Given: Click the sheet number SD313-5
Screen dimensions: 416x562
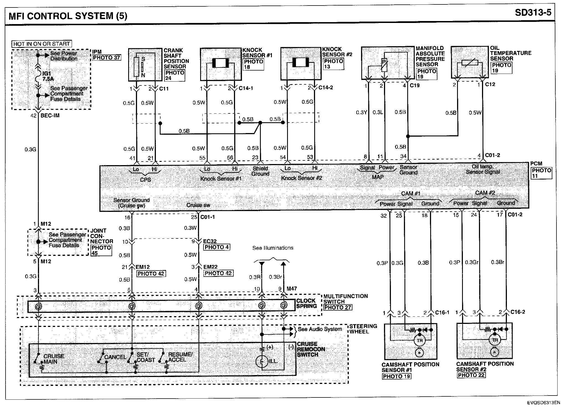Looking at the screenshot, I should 533,13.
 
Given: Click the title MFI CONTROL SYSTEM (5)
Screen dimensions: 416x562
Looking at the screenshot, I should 68,16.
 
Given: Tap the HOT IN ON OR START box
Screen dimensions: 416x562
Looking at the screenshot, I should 42,44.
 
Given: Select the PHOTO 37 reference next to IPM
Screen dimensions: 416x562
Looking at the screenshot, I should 107,58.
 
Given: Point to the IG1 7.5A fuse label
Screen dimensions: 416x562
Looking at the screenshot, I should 48,76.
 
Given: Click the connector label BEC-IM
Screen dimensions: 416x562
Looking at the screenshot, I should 50,116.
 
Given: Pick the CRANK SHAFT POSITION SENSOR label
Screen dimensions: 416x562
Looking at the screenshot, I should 176,58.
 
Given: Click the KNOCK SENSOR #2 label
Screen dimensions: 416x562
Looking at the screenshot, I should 337,52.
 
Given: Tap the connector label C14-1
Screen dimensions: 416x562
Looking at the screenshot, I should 246,88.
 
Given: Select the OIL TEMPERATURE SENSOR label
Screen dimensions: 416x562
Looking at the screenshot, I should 510,53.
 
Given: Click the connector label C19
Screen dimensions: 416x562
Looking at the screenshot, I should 415,85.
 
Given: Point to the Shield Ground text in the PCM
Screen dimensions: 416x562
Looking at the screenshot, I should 260,171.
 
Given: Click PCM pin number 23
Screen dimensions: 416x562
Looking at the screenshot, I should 255,158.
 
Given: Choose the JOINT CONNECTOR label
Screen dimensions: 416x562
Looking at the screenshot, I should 102,236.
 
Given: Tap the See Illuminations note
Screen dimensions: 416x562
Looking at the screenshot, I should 273,248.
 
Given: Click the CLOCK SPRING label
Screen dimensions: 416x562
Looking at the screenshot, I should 306,303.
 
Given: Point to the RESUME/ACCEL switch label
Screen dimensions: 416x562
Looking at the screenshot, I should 180,357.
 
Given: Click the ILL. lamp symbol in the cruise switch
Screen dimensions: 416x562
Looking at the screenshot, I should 262,361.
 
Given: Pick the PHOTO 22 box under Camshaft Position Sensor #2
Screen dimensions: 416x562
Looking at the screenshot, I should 471,375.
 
